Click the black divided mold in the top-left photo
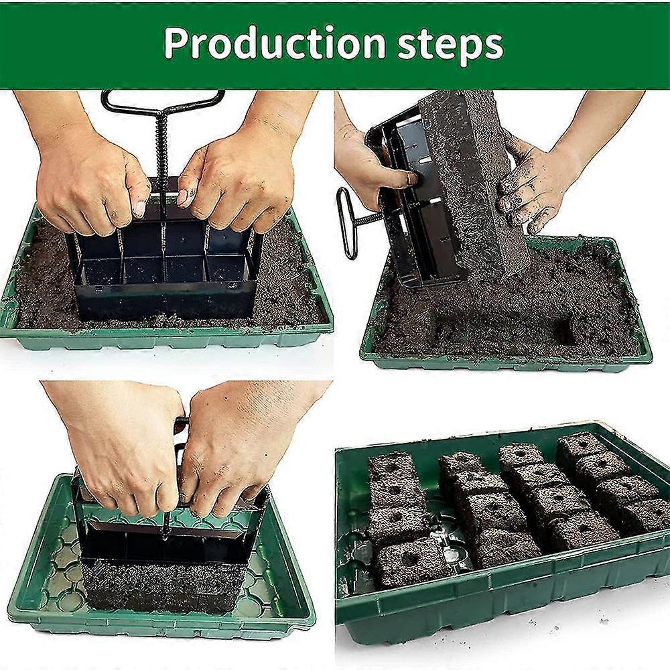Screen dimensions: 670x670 (x=164, y=281)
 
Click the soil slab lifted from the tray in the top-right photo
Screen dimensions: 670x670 (x=469, y=181)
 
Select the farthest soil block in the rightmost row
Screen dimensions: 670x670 (x=580, y=446)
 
